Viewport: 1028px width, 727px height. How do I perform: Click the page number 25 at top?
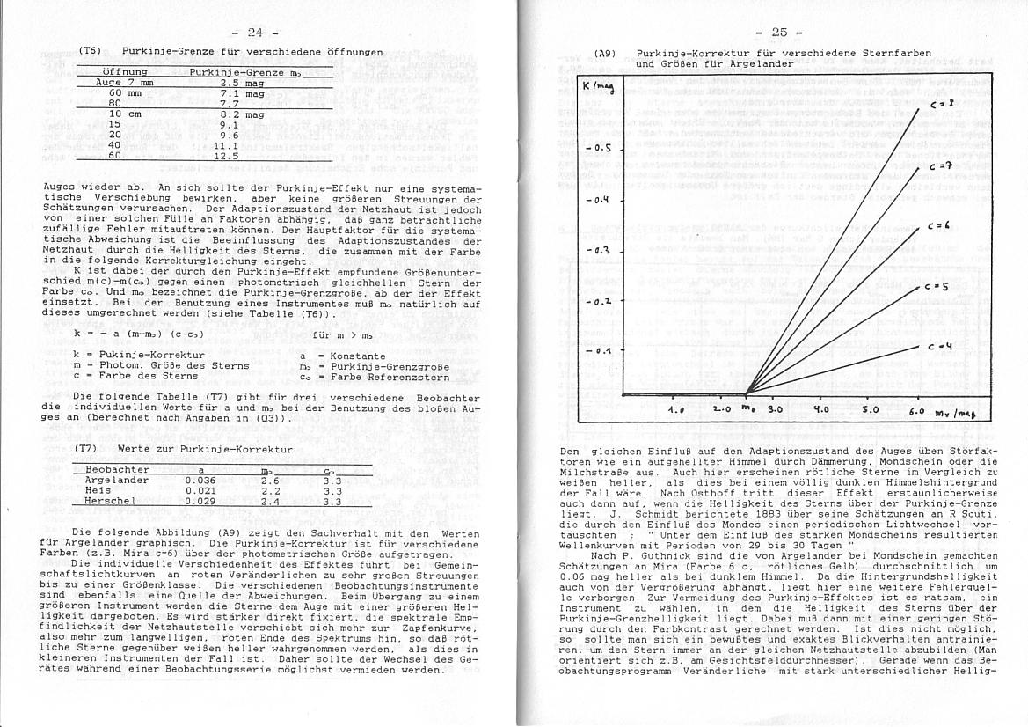click(779, 33)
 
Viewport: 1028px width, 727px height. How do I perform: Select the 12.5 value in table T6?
click(227, 156)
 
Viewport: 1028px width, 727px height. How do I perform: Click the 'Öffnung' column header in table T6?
click(125, 71)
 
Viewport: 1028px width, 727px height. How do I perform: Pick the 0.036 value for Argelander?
click(200, 480)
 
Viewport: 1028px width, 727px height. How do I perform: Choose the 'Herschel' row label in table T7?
click(110, 501)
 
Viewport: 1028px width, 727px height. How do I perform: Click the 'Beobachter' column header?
click(117, 469)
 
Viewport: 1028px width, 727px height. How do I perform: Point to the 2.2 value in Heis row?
click(271, 490)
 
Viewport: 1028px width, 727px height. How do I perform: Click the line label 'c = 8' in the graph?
click(937, 104)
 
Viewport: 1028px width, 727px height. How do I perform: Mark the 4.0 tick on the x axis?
click(821, 409)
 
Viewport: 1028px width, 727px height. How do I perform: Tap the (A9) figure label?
click(605, 53)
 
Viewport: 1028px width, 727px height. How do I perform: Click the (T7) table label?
click(86, 448)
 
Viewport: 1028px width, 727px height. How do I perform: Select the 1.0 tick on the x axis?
click(675, 409)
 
